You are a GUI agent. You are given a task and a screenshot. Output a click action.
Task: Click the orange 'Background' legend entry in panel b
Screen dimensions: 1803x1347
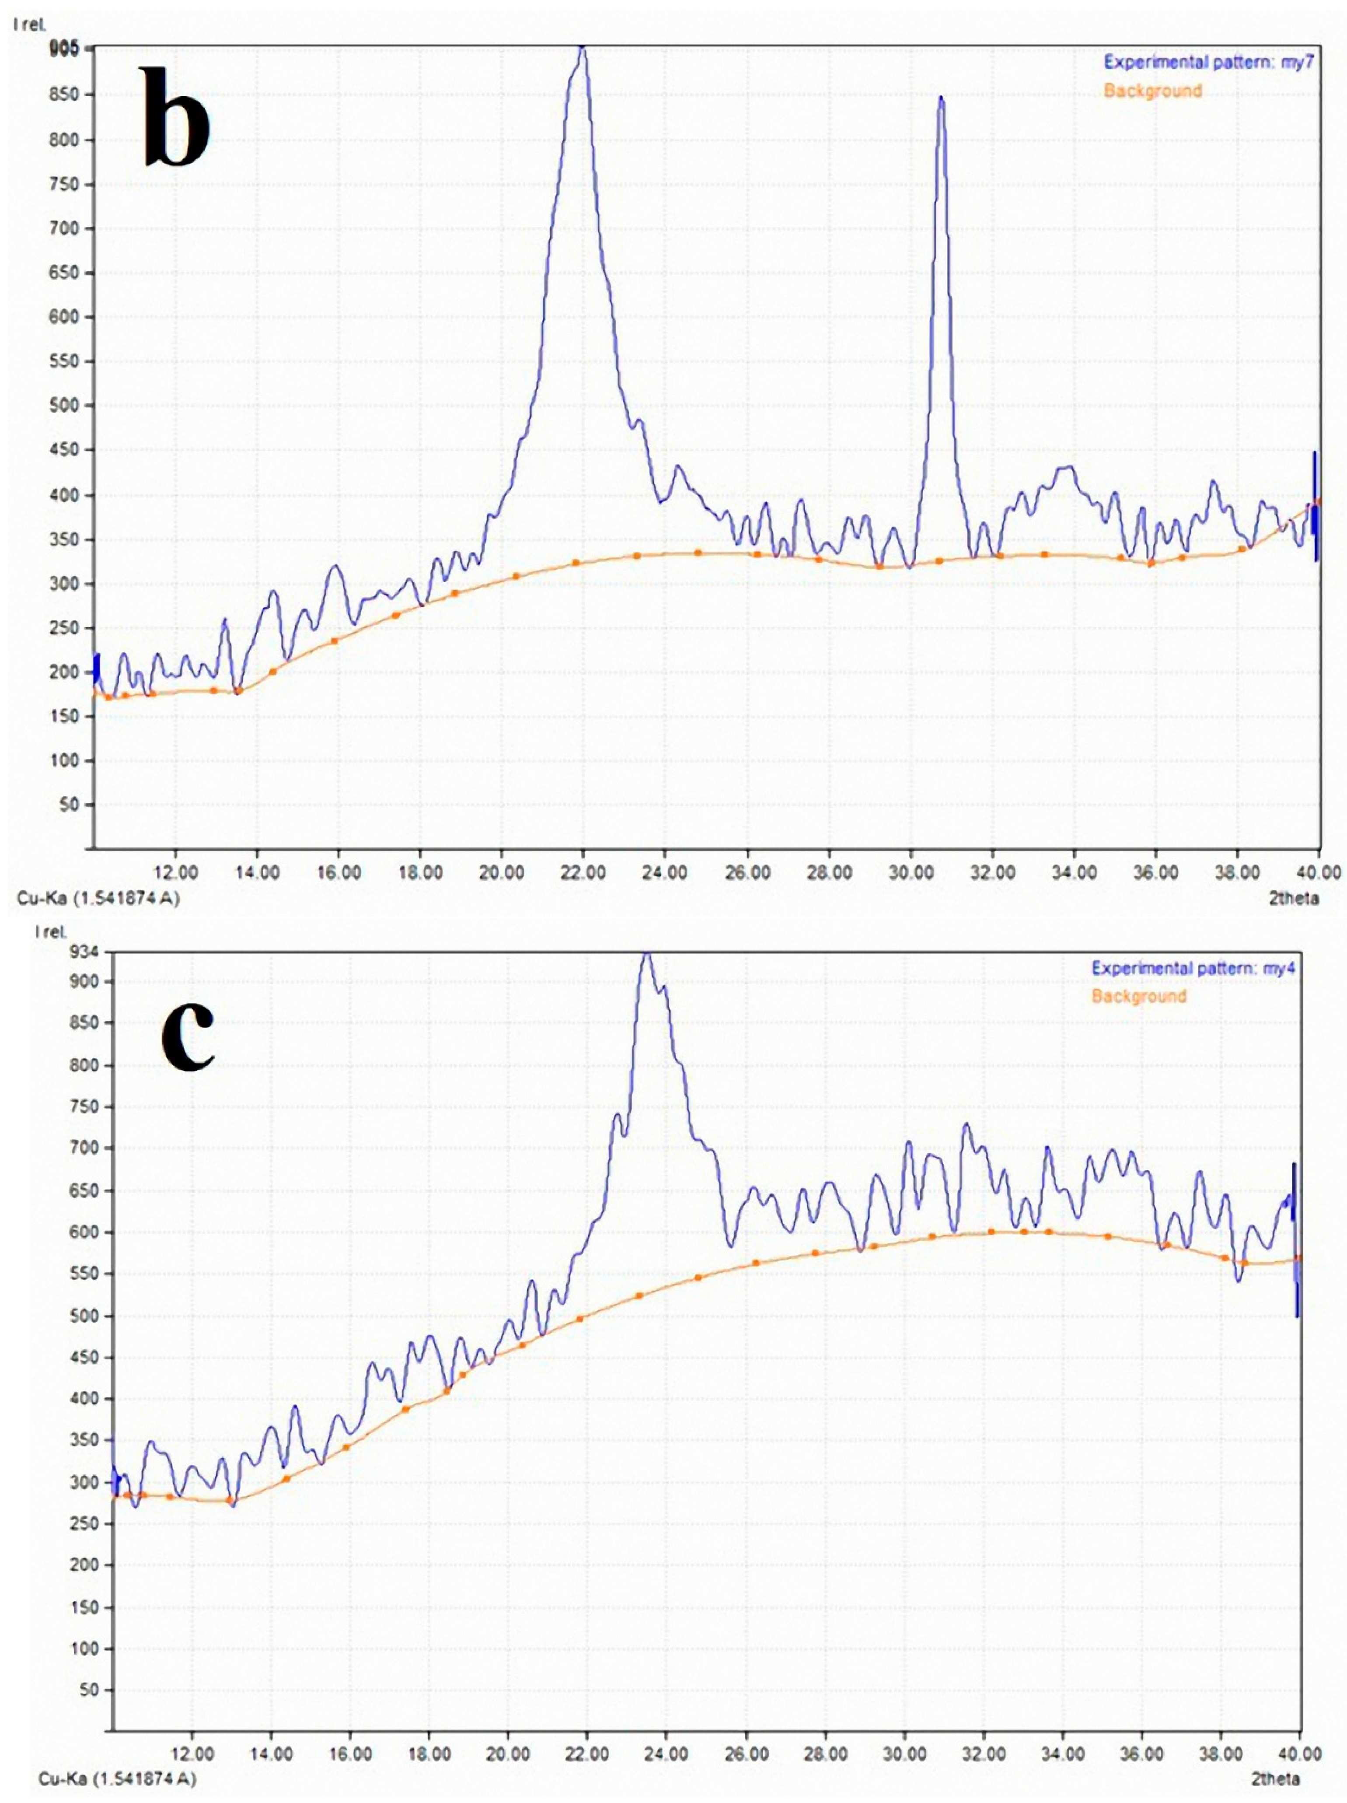(x=1152, y=91)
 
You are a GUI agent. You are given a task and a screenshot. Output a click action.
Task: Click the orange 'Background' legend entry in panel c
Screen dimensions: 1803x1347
(x=1138, y=996)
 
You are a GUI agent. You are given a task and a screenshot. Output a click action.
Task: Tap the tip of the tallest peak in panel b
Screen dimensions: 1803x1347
(x=581, y=49)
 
